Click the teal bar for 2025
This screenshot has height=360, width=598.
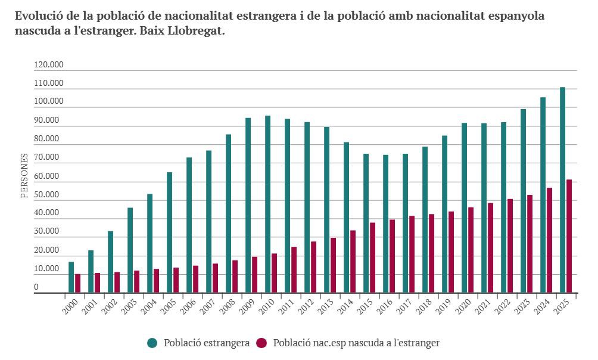pyautogui.click(x=562, y=190)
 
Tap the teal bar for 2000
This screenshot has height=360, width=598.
pyautogui.click(x=71, y=277)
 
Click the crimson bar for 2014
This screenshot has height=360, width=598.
pyautogui.click(x=353, y=262)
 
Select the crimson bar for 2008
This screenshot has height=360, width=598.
pyautogui.click(x=235, y=277)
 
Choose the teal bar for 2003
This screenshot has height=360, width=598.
pyautogui.click(x=130, y=250)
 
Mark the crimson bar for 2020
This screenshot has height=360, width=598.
pyautogui.click(x=471, y=250)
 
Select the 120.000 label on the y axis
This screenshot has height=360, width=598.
pyautogui.click(x=49, y=65)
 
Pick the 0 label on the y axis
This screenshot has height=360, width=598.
pyautogui.click(x=36, y=287)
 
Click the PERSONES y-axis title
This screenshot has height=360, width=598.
pyautogui.click(x=24, y=175)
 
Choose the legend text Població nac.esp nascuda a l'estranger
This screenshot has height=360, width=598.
pyautogui.click(x=356, y=343)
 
